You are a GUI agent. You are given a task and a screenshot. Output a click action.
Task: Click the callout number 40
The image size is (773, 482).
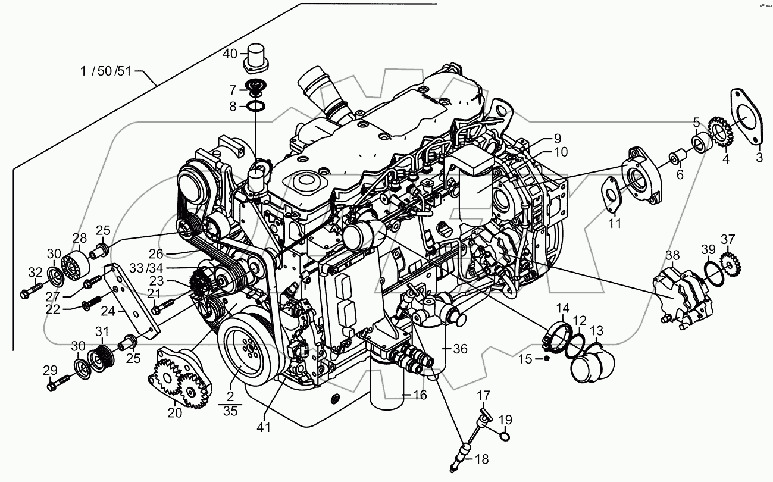(x=230, y=54)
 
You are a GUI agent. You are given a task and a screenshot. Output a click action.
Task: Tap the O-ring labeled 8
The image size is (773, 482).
(x=256, y=106)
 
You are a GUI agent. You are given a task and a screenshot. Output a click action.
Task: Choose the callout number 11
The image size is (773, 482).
(x=614, y=224)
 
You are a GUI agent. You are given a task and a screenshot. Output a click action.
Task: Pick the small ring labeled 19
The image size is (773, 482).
(x=504, y=438)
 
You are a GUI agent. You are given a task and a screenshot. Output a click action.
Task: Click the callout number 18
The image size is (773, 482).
(x=481, y=459)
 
